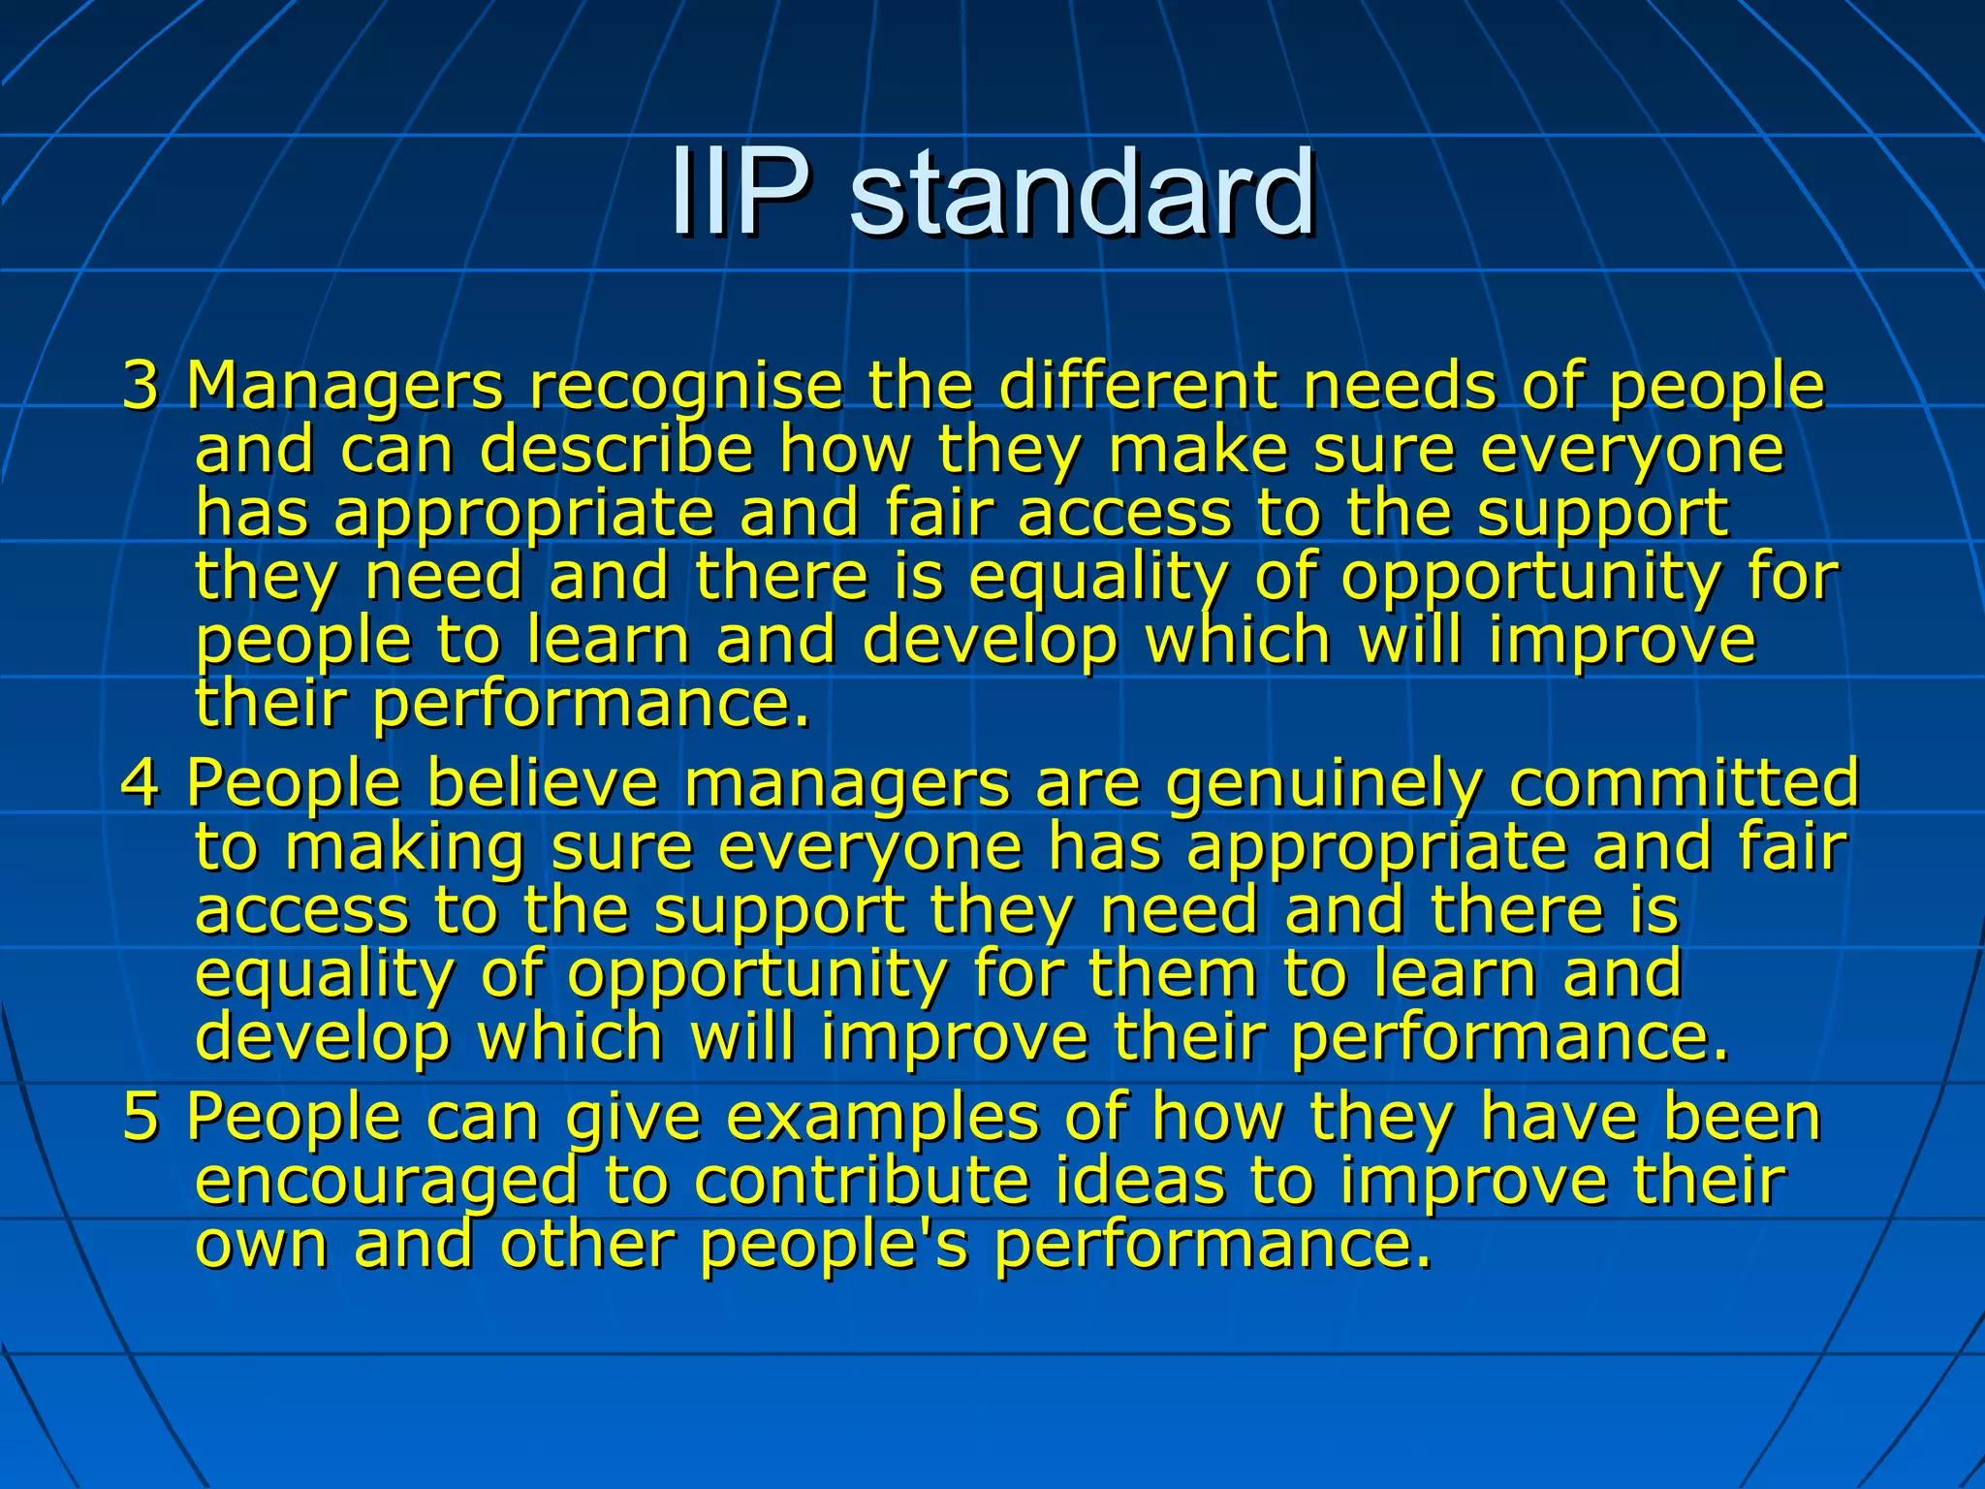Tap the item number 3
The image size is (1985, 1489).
pos(141,385)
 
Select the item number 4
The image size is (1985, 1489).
pos(141,782)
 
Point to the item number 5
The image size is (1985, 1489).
pos(141,1117)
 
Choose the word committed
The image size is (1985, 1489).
pos(1684,782)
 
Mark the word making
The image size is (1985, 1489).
pos(405,849)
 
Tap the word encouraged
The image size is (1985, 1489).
pos(387,1183)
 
